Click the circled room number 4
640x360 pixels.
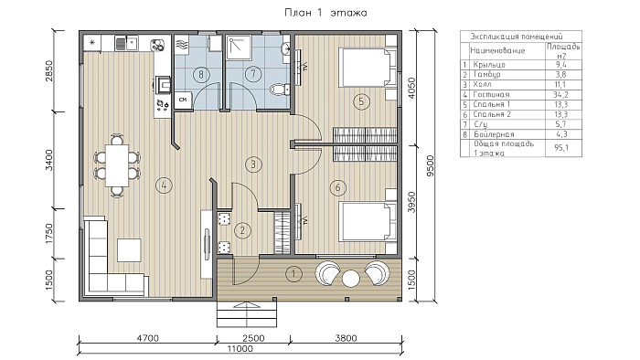tap(164, 185)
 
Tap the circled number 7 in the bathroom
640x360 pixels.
tap(253, 74)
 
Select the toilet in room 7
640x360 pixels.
tap(281, 89)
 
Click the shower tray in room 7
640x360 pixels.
tap(240, 48)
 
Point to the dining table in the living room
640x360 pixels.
tap(117, 165)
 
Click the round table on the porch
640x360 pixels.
tap(350, 279)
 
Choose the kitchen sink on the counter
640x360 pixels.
tap(127, 43)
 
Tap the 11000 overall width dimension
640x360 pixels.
tap(240, 349)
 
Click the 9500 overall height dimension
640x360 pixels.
tap(431, 165)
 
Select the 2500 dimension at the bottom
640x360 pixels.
tap(253, 338)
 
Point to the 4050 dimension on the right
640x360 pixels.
tap(411, 88)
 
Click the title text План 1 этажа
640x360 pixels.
tap(325, 13)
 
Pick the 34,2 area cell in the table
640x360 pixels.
tap(561, 95)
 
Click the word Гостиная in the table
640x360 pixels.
tap(492, 95)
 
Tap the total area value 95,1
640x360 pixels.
tap(561, 148)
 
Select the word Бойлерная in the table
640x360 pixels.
tap(494, 134)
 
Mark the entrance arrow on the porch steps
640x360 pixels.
tap(247, 306)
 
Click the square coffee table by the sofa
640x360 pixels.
tap(129, 250)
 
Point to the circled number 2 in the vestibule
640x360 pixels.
tap(242, 230)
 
